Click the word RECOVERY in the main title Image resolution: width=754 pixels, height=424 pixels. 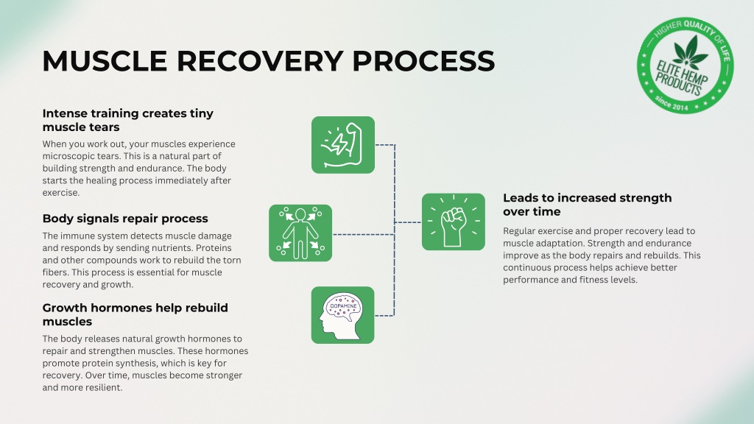[260, 61]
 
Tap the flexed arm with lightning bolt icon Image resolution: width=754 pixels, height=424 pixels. [343, 145]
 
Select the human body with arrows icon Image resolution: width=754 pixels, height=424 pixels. [300, 233]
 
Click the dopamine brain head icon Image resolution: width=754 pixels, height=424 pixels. [342, 315]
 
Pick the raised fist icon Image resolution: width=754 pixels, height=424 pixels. [454, 222]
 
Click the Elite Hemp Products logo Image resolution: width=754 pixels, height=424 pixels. [686, 66]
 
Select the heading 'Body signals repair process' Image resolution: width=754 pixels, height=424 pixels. [125, 218]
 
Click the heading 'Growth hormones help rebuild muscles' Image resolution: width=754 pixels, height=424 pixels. [135, 314]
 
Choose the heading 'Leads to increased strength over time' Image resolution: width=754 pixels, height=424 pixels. [587, 205]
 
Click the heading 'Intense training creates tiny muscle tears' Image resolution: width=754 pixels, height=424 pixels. [127, 120]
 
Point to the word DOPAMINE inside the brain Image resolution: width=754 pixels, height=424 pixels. [343, 305]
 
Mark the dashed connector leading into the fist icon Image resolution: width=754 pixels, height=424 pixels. [408, 222]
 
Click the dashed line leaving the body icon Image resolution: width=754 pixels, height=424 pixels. [364, 235]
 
